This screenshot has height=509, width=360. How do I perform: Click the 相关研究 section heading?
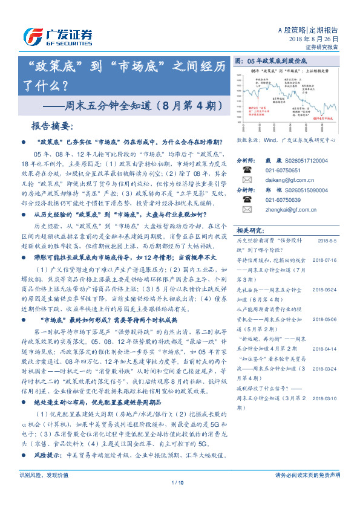[249, 230]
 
